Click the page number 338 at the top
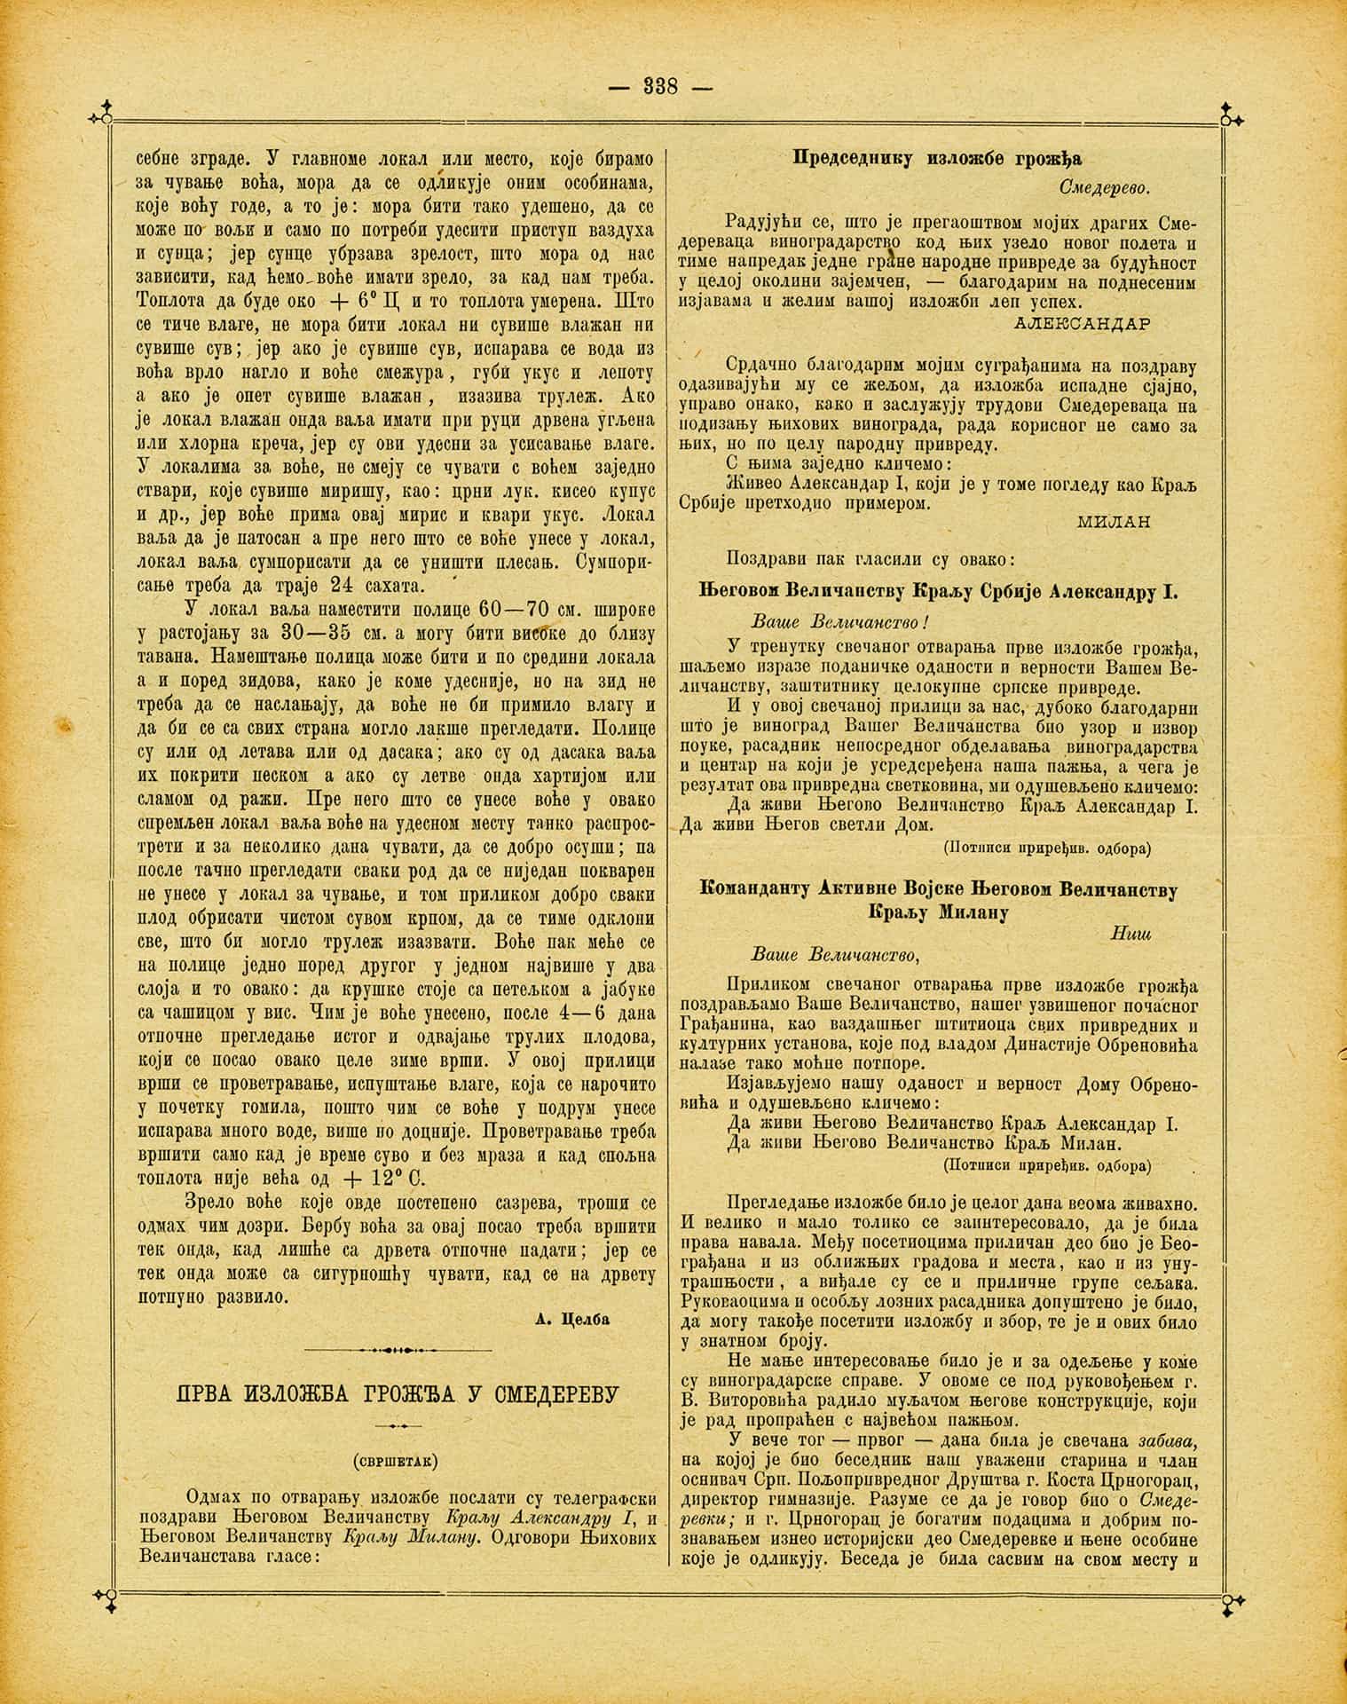pyautogui.click(x=660, y=87)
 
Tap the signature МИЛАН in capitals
pyautogui.click(x=1114, y=522)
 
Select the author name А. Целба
pyautogui.click(x=573, y=1319)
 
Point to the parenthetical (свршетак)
pyautogui.click(x=397, y=1459)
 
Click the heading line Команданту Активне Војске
pyautogui.click(x=938, y=890)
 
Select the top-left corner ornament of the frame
pyautogui.click(x=102, y=115)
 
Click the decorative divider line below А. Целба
pyautogui.click(x=397, y=1350)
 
